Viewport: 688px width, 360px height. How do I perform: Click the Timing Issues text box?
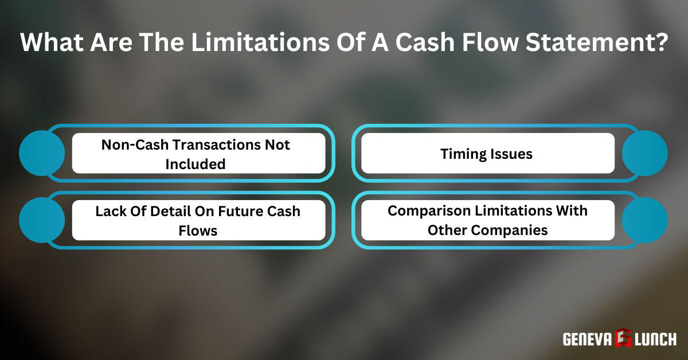[487, 154]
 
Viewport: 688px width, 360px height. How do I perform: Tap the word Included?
[196, 164]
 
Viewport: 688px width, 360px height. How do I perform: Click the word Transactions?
[212, 144]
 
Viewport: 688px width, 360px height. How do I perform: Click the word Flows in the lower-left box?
[197, 230]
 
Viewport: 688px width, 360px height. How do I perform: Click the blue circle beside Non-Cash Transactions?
[42, 153]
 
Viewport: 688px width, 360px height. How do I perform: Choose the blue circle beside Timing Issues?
[644, 153]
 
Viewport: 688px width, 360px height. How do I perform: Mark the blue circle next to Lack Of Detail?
[42, 220]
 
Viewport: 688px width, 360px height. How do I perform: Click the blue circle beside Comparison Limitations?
[644, 220]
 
